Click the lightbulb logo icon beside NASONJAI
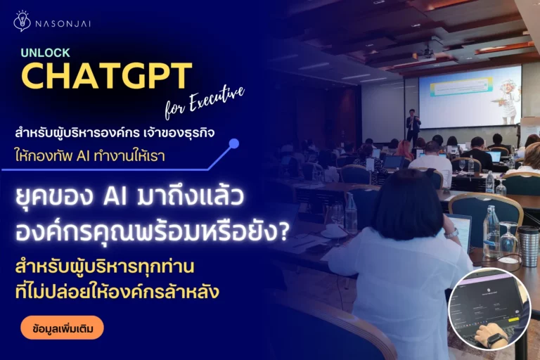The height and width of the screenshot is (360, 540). tap(22, 21)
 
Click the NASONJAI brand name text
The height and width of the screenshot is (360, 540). tap(63, 24)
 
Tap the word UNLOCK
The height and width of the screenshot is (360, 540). tap(45, 53)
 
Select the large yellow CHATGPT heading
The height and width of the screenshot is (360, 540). tap(106, 76)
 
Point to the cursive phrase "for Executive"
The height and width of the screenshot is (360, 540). tap(205, 103)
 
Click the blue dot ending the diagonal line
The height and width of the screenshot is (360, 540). tap(234, 143)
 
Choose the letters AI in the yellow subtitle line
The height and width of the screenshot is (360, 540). tap(83, 156)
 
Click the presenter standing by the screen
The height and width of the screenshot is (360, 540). tap(413, 127)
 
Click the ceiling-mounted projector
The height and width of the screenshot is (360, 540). tap(428, 52)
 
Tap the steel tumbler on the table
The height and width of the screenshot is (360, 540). tap(529, 245)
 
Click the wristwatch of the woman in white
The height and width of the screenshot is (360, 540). tap(452, 233)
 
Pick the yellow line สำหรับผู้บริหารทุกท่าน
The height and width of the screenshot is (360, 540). tap(105, 266)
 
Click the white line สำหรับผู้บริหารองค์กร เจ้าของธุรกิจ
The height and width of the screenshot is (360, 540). tap(115, 133)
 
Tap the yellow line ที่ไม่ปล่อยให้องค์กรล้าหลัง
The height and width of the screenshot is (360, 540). tap(117, 292)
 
